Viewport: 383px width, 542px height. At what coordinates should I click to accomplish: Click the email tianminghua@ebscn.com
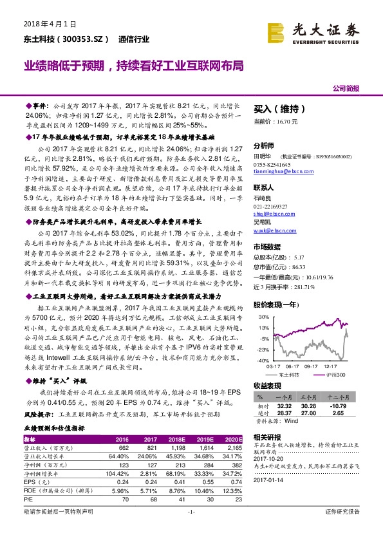point(282,172)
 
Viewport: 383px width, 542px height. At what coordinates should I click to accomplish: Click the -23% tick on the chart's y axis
point(261,349)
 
